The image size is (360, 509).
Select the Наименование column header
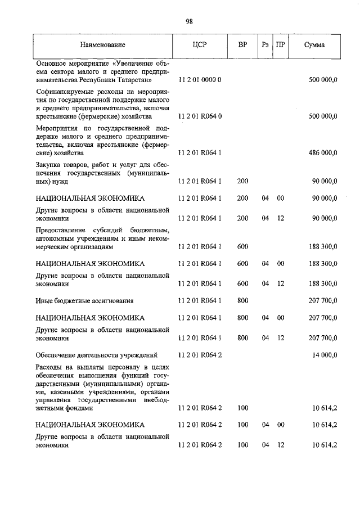coord(102,44)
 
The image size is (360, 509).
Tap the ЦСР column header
coord(200,44)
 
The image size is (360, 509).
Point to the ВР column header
coord(242,44)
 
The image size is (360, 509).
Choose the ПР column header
coord(280,44)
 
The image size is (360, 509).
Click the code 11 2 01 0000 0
coord(200,80)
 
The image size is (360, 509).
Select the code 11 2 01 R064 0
coord(200,116)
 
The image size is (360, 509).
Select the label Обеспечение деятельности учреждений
coord(96,355)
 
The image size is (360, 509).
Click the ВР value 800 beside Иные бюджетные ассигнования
coord(242,301)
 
